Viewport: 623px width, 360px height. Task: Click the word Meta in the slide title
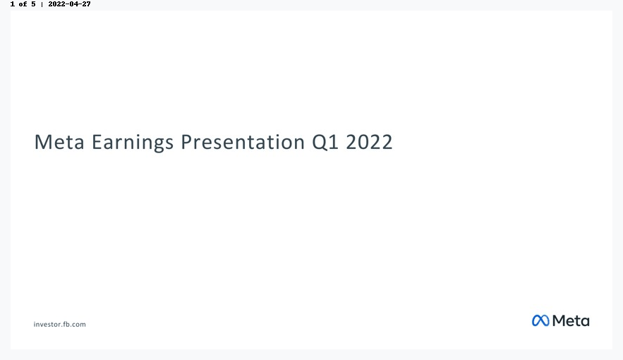pos(59,142)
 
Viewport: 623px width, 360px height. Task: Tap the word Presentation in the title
pos(243,142)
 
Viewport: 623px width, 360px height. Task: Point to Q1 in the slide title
pos(325,143)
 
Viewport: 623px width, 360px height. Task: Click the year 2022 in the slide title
pos(369,142)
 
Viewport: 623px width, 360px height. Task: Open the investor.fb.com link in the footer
pos(59,324)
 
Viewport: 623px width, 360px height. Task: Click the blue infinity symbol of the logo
pos(540,320)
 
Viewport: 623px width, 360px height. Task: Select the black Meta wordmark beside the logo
pos(571,320)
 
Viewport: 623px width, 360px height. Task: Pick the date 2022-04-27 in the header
pos(70,4)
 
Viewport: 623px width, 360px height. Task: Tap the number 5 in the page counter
pos(33,4)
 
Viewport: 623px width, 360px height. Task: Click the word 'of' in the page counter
pos(23,4)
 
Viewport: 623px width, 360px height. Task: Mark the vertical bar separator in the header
pos(42,4)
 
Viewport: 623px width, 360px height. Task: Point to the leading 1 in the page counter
pos(13,4)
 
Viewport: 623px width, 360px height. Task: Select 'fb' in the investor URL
pos(66,324)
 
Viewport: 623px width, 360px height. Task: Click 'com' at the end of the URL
pos(79,325)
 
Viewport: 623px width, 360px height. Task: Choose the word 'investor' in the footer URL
pos(47,324)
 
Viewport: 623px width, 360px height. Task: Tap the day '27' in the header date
pos(87,4)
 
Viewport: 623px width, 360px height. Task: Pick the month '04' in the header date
pos(74,4)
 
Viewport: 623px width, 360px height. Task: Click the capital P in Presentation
pos(187,142)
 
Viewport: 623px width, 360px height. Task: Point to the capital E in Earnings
pos(97,142)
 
